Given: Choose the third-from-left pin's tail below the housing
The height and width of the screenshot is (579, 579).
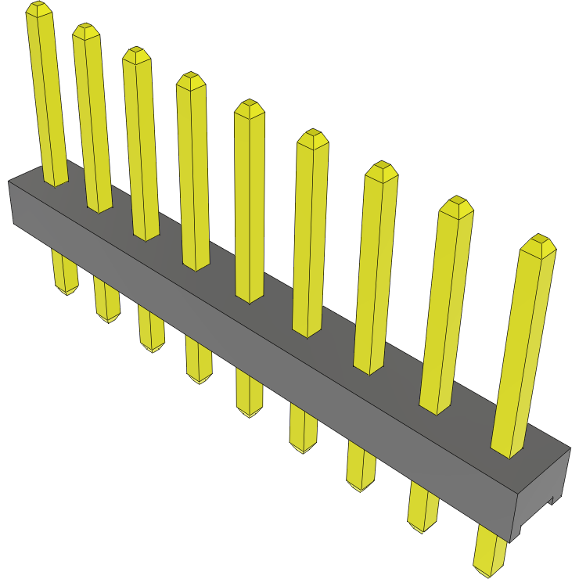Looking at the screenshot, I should click(151, 329).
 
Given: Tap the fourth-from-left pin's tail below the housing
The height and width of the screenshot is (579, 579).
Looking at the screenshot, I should click(199, 360).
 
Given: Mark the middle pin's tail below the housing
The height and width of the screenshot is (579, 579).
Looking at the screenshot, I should click(249, 393).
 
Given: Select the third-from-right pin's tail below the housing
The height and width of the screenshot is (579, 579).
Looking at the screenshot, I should click(361, 466).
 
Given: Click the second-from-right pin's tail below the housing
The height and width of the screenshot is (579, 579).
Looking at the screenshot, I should click(423, 506).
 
